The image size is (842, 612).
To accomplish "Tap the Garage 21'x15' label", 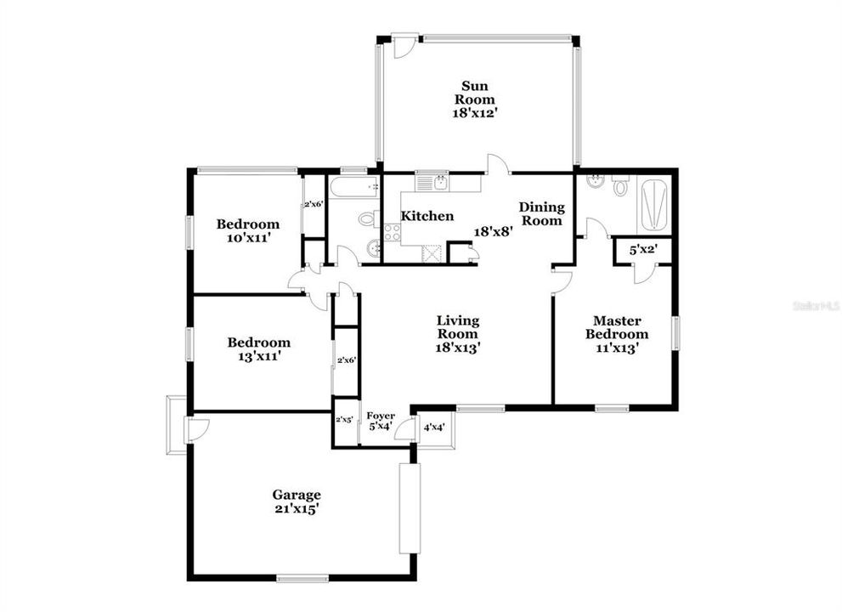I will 297,501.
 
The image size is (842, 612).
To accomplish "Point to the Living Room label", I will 458,334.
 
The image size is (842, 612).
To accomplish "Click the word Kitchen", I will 427,217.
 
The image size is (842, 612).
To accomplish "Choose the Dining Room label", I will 541,213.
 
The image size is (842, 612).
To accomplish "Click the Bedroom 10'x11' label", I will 247,231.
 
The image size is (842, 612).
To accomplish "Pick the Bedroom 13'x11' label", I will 258,349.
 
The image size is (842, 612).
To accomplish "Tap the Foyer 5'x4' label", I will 380,422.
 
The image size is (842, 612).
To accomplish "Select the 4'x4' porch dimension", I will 434,428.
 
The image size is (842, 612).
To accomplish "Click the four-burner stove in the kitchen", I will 392,232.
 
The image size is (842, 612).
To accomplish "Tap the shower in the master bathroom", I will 655,205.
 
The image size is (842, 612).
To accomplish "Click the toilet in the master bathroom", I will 620,184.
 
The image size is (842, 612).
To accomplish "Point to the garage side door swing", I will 196,430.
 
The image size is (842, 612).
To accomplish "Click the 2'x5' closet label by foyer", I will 345,420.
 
